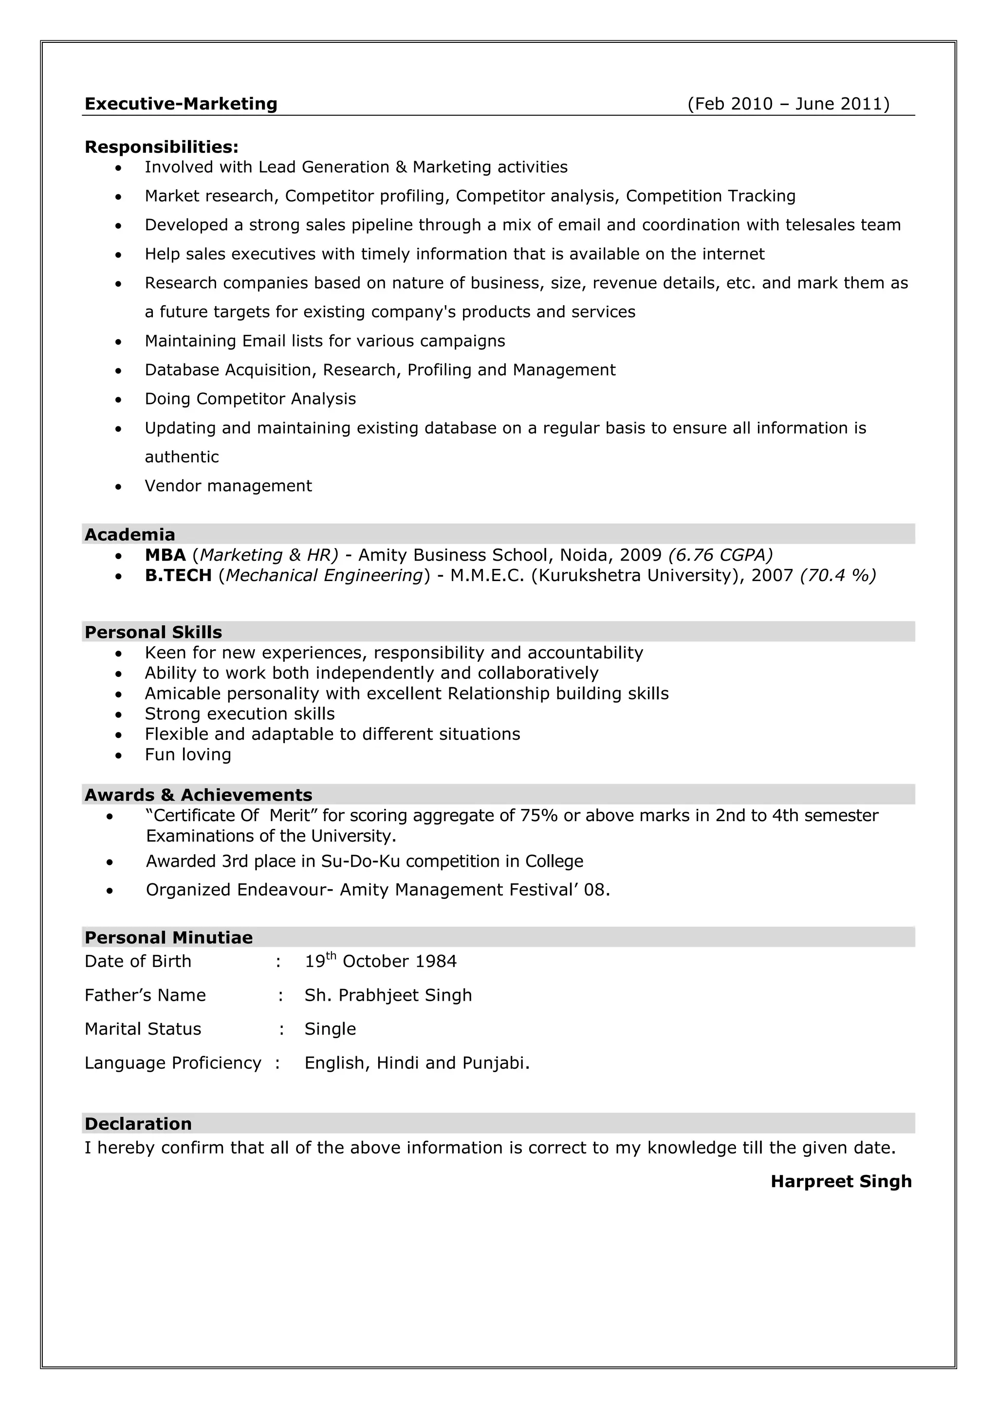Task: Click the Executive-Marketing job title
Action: [181, 104]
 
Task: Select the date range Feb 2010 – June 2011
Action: [788, 104]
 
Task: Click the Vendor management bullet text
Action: [228, 486]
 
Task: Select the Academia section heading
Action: [129, 534]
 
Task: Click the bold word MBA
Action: [165, 555]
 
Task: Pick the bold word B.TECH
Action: [178, 576]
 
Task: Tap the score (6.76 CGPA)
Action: [720, 555]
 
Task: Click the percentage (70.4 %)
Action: [838, 576]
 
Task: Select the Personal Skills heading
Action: [153, 632]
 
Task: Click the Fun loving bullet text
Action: [188, 755]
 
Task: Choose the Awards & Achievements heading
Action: [198, 795]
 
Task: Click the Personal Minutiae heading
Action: [168, 938]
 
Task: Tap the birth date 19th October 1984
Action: [381, 962]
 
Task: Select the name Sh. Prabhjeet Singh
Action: [388, 995]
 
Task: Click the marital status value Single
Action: [330, 1029]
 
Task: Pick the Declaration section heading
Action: [138, 1124]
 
